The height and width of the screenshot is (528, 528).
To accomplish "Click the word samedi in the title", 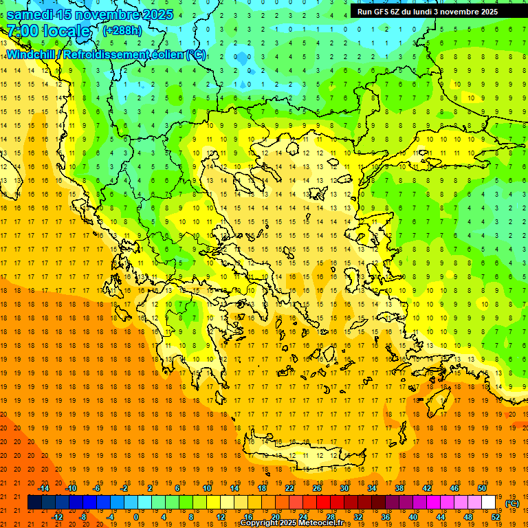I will pyautogui.click(x=30, y=14).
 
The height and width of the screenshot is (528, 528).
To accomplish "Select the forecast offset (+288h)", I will pyautogui.click(x=122, y=30).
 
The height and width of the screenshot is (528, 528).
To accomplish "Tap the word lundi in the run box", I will pyautogui.click(x=429, y=12).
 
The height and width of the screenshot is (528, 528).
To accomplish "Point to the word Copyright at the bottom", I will pyautogui.click(x=259, y=523).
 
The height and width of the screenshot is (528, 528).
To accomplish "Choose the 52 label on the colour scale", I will pyautogui.click(x=496, y=517).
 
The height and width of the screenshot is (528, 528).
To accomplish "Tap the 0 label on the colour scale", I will pyautogui.click(x=136, y=517).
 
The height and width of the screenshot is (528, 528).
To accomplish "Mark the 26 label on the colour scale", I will pyautogui.click(x=317, y=488).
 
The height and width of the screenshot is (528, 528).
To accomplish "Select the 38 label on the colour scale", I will pyautogui.click(x=399, y=488).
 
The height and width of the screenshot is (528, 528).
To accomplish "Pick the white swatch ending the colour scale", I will pyautogui.click(x=489, y=503).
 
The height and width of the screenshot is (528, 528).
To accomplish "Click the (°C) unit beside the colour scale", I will pyautogui.click(x=512, y=503).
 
